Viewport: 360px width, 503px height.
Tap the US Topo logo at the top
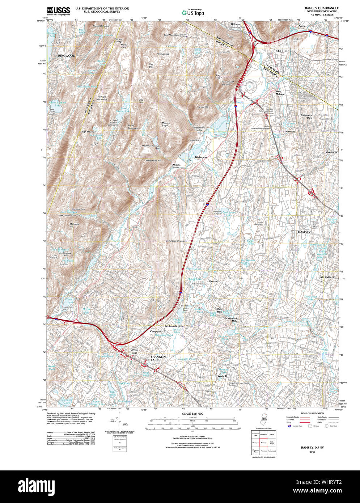click(x=192, y=12)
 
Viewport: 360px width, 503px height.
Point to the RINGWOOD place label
click(x=67, y=56)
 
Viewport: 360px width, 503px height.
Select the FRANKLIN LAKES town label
click(x=158, y=358)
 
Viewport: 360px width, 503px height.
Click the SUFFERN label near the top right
click(x=283, y=51)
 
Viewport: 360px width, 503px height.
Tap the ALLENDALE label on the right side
click(x=327, y=277)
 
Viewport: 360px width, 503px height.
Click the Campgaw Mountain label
click(x=176, y=241)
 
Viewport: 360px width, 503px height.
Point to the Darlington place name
click(x=201, y=157)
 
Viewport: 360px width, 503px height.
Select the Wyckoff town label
click(x=222, y=376)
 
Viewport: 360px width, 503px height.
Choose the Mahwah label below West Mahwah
click(x=290, y=131)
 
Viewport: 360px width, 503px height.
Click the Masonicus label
click(x=331, y=152)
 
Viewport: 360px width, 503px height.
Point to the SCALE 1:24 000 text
click(x=192, y=414)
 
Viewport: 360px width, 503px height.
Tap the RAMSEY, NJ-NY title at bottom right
click(x=312, y=448)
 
